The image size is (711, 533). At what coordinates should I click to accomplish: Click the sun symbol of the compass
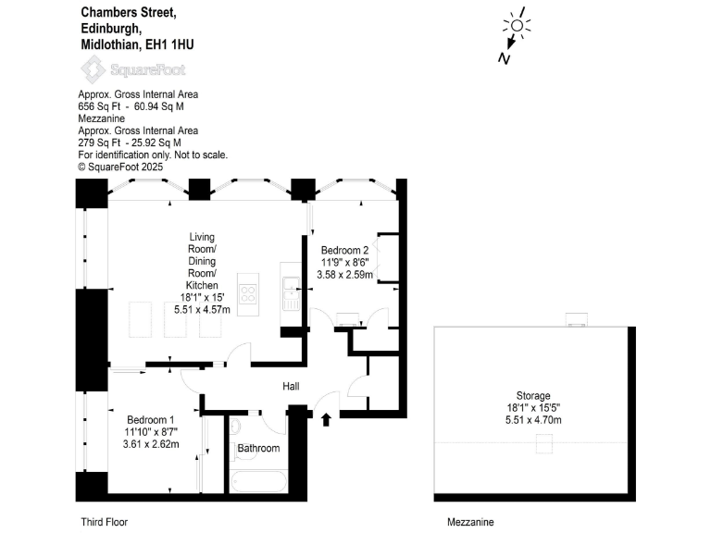[x=515, y=25]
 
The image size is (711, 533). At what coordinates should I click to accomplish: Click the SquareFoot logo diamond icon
[x=93, y=68]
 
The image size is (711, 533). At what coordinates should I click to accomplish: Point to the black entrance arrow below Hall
[x=325, y=420]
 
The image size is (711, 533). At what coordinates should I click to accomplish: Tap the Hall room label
[x=292, y=388]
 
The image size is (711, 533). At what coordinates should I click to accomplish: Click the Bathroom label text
[x=258, y=449]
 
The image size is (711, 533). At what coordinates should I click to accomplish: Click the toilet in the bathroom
[x=235, y=427]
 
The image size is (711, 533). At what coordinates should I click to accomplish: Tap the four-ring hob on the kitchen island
[x=249, y=294]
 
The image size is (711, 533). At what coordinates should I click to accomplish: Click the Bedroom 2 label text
[x=345, y=251]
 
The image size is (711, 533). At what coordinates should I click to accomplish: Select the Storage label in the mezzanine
[x=533, y=395]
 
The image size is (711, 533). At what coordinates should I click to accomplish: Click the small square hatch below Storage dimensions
[x=543, y=445]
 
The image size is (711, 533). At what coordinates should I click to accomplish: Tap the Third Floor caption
[x=102, y=522]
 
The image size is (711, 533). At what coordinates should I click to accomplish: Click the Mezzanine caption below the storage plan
[x=470, y=522]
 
